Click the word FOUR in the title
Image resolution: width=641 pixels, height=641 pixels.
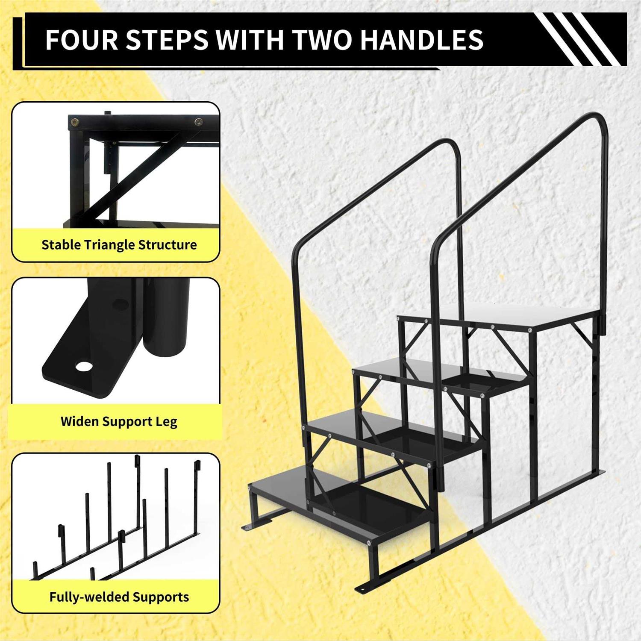coord(81,40)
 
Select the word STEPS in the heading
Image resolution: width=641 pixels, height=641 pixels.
coord(167,40)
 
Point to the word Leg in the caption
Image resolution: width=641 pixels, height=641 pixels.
coord(166,422)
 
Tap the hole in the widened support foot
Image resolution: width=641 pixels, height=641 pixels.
coord(84,367)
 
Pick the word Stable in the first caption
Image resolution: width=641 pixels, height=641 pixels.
coord(61,245)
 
